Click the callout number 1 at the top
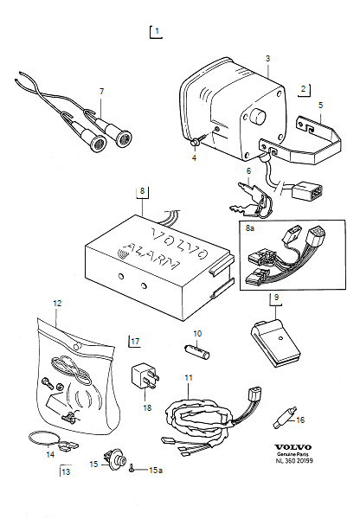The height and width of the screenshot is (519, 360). coord(157,32)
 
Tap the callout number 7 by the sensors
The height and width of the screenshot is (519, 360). coord(101,92)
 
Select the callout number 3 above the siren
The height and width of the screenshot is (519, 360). coord(268,58)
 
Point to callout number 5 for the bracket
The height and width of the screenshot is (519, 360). coord(321,106)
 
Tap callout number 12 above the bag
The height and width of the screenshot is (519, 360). coord(57,304)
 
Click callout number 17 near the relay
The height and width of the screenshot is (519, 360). coord(136,342)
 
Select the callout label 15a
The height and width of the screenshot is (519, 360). coord(156,470)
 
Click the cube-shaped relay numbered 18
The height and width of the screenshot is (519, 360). coord(145,378)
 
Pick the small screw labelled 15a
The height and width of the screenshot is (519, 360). coord(132,470)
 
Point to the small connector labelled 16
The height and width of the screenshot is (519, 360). coord(281,418)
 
